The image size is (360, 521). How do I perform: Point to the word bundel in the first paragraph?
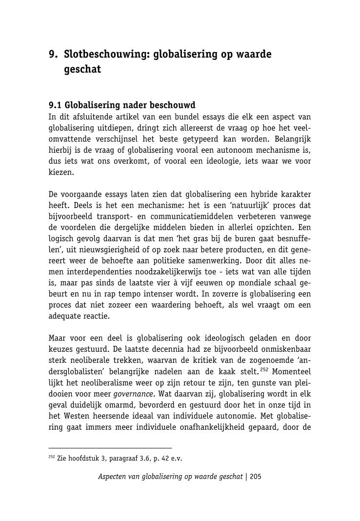tap(196, 117)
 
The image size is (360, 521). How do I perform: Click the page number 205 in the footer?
tap(256, 477)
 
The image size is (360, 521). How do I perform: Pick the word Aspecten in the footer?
tap(114, 477)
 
